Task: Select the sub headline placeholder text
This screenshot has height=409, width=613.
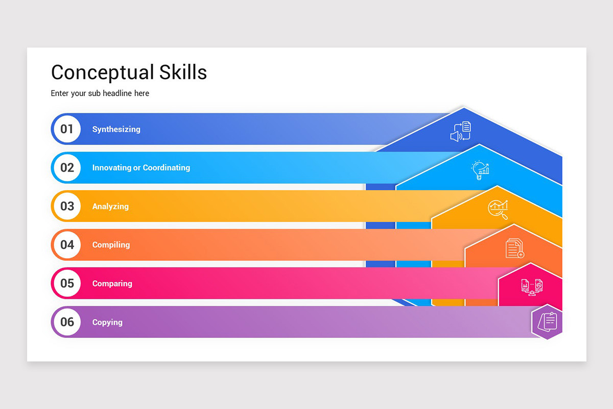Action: (x=100, y=93)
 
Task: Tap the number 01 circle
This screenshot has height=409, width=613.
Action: (x=67, y=129)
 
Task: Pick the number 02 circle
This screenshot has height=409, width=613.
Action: (x=67, y=168)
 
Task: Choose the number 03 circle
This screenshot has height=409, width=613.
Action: (x=67, y=206)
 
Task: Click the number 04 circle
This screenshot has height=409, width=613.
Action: (x=67, y=245)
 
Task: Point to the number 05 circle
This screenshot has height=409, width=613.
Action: (x=67, y=283)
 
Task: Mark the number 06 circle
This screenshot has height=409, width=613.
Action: (x=67, y=322)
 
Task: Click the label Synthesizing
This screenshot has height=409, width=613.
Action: (x=116, y=129)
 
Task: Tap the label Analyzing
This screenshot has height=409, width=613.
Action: (x=110, y=207)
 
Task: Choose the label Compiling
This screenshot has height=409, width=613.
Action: (x=111, y=245)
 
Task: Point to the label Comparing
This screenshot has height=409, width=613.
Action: (x=112, y=284)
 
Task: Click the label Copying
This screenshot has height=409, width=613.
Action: (x=107, y=323)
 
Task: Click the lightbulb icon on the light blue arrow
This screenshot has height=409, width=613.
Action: (x=480, y=170)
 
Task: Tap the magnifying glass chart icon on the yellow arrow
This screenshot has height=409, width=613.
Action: (x=498, y=209)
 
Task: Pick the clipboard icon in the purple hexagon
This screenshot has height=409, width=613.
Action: (x=547, y=322)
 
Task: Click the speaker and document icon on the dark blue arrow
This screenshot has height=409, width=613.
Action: (x=460, y=131)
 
